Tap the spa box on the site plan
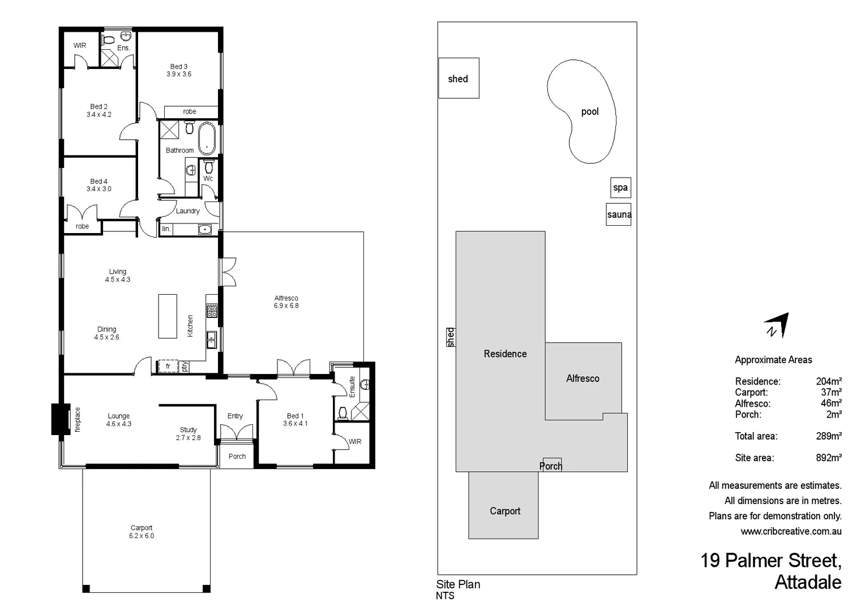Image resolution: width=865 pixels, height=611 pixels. tap(620, 187)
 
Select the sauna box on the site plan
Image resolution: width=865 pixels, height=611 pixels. tap(618, 214)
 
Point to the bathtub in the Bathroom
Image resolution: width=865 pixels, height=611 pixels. tap(207, 138)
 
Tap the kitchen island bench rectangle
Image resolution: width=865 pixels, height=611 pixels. tap(168, 316)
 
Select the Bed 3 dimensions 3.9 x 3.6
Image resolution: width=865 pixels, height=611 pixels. tap(179, 74)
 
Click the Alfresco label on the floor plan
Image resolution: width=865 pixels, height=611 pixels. tap(286, 298)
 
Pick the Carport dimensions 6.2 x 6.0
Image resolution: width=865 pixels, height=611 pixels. tap(142, 536)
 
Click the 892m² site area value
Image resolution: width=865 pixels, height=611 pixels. tap(828, 458)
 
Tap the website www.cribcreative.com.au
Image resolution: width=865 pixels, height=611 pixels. tap(791, 531)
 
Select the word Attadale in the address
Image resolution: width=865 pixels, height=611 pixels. tap(807, 582)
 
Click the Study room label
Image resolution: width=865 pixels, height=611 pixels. tap(188, 430)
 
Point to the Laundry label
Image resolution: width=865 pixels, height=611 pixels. tap(187, 211)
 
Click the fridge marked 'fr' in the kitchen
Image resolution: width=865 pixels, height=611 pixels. tap(168, 367)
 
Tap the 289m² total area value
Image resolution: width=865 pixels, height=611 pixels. tap(828, 436)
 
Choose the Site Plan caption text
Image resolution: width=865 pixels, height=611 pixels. tap(458, 584)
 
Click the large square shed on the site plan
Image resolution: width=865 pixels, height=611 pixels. tap(459, 78)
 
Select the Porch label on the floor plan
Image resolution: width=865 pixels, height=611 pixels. tap(237, 457)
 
